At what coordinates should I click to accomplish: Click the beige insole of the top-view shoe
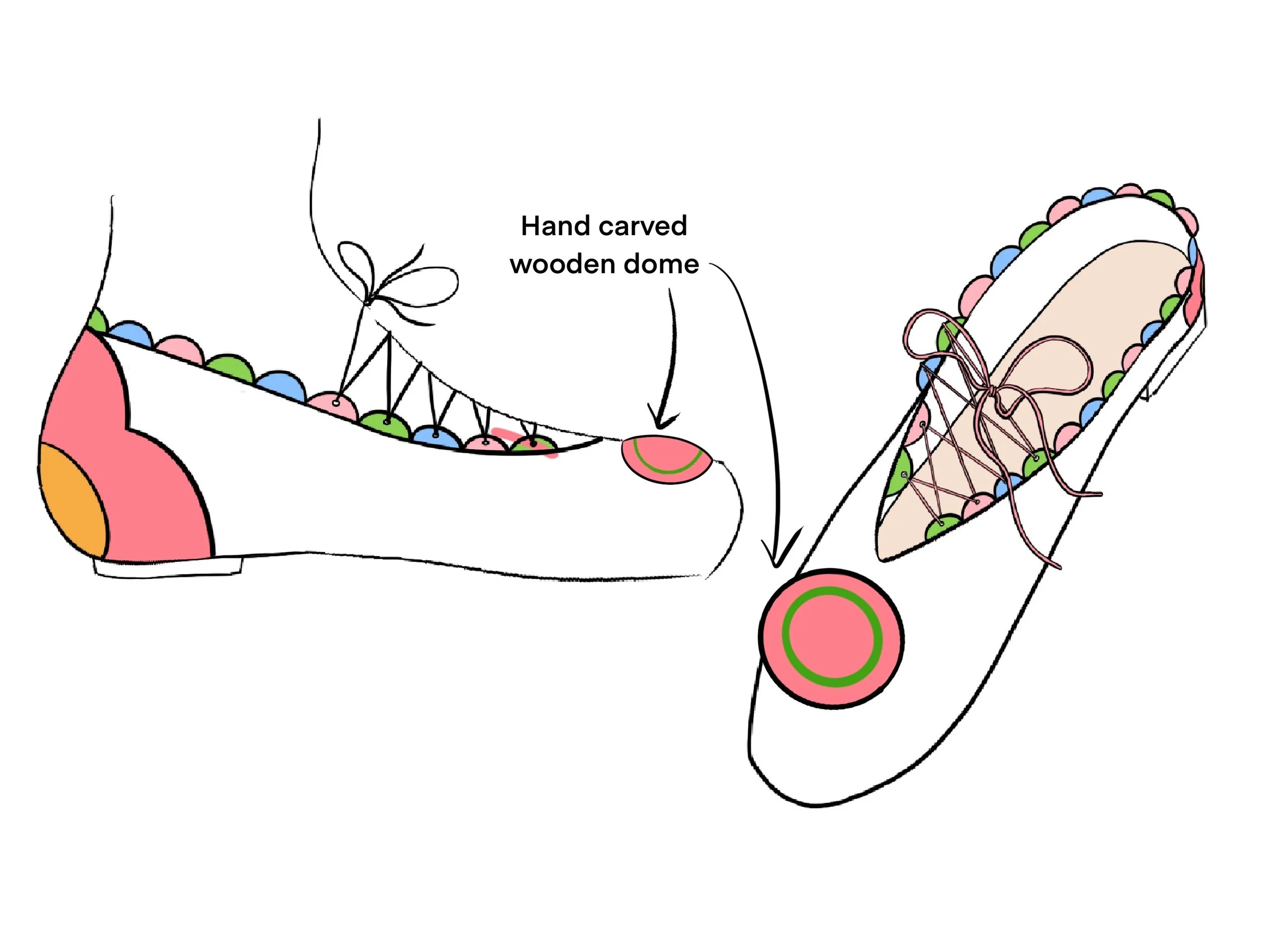(1060, 321)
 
